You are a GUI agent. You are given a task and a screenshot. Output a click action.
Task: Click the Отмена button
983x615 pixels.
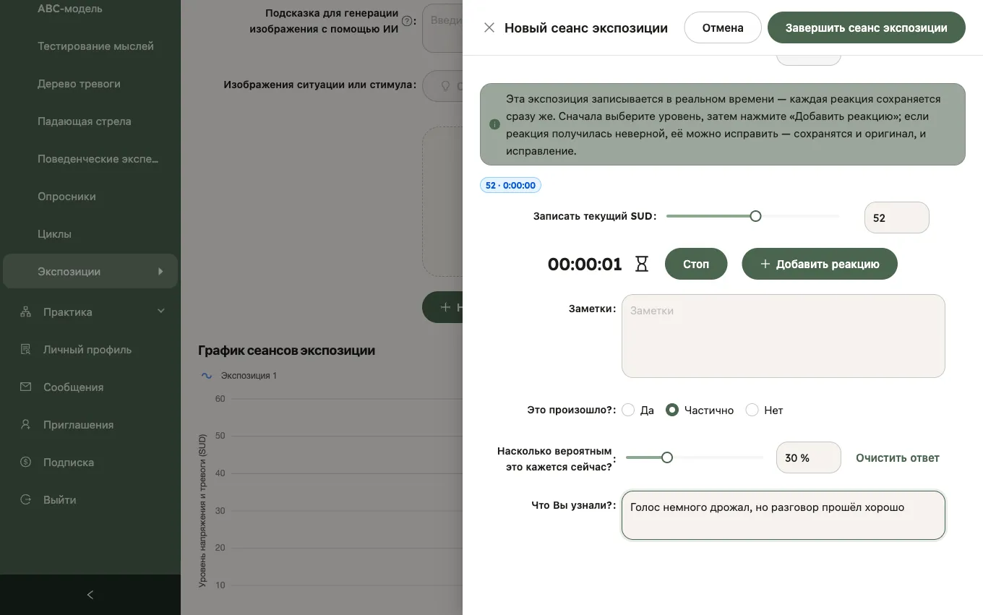click(x=722, y=27)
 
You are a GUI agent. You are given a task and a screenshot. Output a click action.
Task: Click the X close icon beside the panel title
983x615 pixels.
click(x=489, y=27)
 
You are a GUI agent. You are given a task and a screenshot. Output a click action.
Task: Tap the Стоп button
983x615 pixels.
click(x=695, y=264)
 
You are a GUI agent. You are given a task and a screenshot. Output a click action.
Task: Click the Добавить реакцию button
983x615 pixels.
click(x=820, y=264)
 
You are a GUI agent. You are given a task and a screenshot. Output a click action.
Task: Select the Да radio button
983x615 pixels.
click(x=628, y=410)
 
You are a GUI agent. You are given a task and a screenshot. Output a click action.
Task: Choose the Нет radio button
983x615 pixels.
click(x=752, y=410)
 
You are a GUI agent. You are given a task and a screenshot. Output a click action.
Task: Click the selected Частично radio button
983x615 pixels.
click(x=672, y=410)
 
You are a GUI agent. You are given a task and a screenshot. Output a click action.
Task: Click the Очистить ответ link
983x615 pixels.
click(x=898, y=457)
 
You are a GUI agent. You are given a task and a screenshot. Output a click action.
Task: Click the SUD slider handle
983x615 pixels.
click(x=755, y=216)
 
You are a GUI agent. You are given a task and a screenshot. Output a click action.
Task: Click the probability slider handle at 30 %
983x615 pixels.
click(x=666, y=457)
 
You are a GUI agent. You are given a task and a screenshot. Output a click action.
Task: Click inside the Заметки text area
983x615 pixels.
click(x=783, y=336)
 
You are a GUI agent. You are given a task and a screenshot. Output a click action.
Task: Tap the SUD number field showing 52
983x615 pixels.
click(x=896, y=218)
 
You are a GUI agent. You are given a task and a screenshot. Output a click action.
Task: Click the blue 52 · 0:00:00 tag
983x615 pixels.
click(x=510, y=185)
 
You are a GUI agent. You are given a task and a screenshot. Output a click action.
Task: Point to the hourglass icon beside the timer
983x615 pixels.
click(x=642, y=264)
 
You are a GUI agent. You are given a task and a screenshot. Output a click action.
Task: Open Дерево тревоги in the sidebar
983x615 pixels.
click(x=79, y=83)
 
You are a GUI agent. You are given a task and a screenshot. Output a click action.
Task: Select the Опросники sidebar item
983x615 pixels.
click(x=66, y=196)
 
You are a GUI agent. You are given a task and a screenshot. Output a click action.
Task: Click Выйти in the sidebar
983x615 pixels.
click(x=59, y=499)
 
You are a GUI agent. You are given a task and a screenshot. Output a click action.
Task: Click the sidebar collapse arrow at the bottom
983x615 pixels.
click(x=90, y=595)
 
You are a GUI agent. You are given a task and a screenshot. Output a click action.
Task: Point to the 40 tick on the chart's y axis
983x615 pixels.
click(x=220, y=473)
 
